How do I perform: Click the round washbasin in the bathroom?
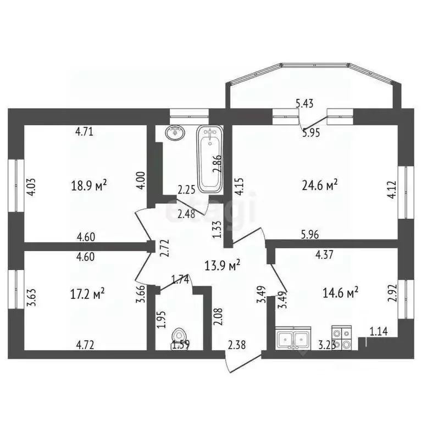[175, 132]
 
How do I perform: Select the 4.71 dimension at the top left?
[85, 131]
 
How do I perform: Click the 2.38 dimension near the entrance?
[236, 346]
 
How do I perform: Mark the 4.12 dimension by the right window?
[391, 187]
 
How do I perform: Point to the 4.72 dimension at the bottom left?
[85, 346]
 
